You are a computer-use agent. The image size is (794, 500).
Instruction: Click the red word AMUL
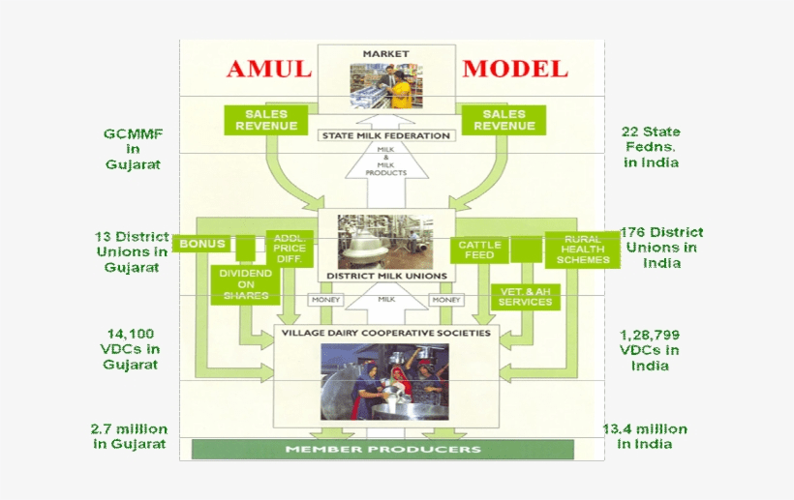pyautogui.click(x=269, y=69)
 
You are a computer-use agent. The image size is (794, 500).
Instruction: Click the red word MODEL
pyautogui.click(x=515, y=69)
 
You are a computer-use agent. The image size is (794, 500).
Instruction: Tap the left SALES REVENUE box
pyautogui.click(x=266, y=120)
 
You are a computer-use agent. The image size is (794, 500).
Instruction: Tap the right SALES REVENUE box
pyautogui.click(x=504, y=120)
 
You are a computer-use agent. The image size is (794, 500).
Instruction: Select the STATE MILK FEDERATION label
pyautogui.click(x=385, y=135)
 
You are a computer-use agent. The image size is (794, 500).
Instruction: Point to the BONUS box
pyautogui.click(x=202, y=244)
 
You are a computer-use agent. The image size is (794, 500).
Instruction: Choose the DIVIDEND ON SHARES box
pyautogui.click(x=246, y=283)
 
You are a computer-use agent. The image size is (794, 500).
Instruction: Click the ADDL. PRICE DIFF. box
pyautogui.click(x=290, y=249)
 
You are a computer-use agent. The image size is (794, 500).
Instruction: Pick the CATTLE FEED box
pyautogui.click(x=479, y=250)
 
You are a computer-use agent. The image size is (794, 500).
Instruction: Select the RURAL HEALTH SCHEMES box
pyautogui.click(x=582, y=249)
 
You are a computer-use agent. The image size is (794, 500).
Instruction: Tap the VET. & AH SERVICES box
pyautogui.click(x=525, y=296)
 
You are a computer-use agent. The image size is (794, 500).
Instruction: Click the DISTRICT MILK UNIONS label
pyautogui.click(x=386, y=276)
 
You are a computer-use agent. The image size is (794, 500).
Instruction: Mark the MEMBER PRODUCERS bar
pyautogui.click(x=382, y=450)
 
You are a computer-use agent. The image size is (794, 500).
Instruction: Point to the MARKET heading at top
pyautogui.click(x=385, y=53)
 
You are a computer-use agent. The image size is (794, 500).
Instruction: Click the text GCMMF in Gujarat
pyautogui.click(x=133, y=148)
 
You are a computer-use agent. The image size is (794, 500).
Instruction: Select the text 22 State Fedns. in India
pyautogui.click(x=651, y=147)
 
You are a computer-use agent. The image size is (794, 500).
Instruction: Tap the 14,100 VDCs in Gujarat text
pyautogui.click(x=132, y=349)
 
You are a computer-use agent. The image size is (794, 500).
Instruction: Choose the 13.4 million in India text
pyautogui.click(x=645, y=436)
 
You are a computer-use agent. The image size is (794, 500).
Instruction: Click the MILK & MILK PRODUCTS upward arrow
pyautogui.click(x=385, y=164)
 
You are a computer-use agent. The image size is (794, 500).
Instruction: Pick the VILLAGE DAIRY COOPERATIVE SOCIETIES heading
pyautogui.click(x=385, y=333)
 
